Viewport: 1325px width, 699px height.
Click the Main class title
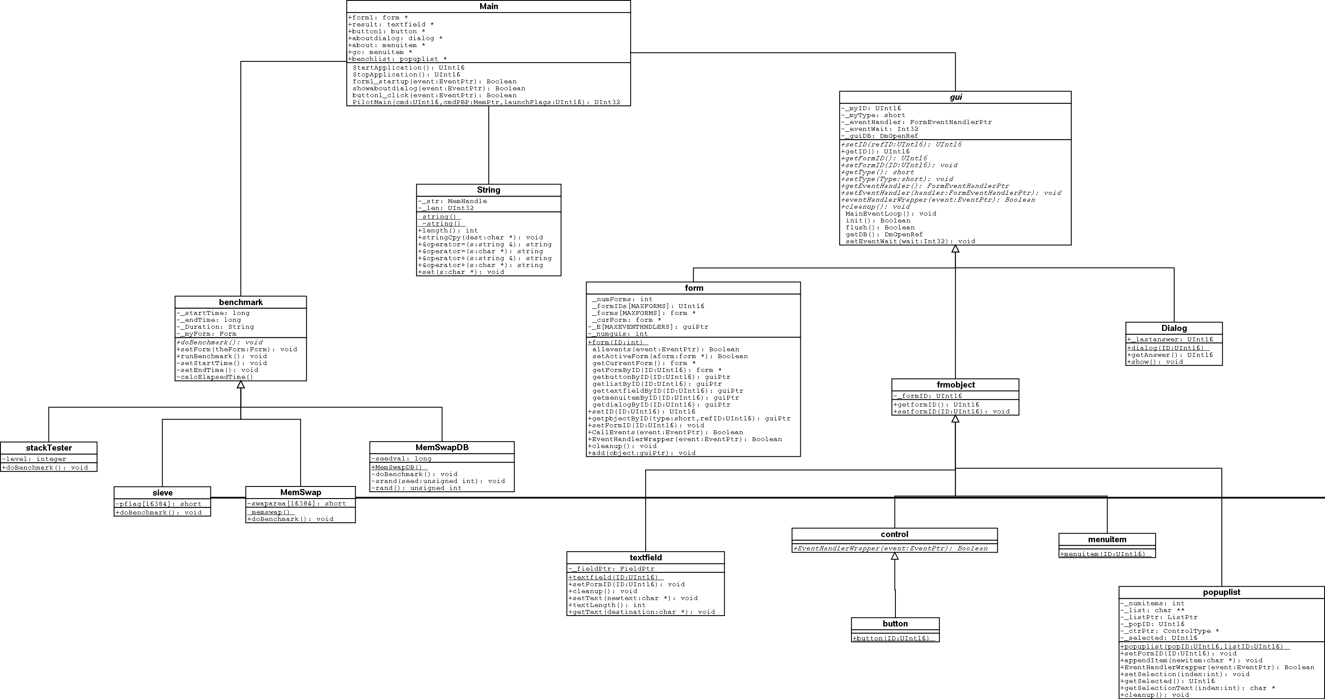point(488,6)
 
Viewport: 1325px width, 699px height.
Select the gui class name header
point(955,97)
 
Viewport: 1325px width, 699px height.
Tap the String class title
point(488,190)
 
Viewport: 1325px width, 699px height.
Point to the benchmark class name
point(241,302)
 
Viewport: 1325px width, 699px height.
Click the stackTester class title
point(49,448)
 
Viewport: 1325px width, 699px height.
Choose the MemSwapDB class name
point(442,447)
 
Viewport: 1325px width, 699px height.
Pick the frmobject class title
point(955,385)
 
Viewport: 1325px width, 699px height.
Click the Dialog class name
point(1174,328)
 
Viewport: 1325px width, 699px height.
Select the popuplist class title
point(1221,592)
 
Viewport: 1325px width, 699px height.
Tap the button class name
point(895,623)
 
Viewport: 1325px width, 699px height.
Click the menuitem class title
point(1107,539)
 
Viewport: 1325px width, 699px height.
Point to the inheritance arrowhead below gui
point(955,249)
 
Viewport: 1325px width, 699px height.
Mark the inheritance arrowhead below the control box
point(895,556)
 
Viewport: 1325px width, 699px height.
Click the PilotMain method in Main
point(486,102)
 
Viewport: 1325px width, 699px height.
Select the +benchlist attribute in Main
point(398,59)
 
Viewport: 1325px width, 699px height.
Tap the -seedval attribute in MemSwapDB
point(402,458)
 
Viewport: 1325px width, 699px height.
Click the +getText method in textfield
point(641,612)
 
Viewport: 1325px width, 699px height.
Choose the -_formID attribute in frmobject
point(928,396)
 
